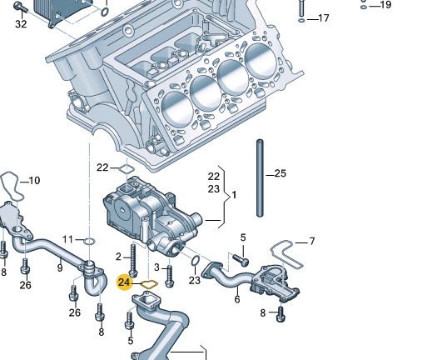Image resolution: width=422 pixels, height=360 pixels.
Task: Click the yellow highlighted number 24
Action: pos(125,282)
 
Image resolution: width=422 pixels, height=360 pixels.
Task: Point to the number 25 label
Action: pos(280,173)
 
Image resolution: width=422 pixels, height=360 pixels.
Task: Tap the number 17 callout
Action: pos(323,18)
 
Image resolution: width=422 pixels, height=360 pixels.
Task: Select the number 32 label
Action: pos(21,24)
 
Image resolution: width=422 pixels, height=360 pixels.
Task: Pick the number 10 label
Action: pos(34,180)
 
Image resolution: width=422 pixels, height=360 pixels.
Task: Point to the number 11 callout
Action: pos(68,239)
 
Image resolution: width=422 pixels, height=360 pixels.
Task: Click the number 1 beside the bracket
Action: pos(235,194)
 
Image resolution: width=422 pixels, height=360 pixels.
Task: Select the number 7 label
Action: pos(312,242)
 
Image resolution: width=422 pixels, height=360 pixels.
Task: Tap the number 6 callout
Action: pos(237,299)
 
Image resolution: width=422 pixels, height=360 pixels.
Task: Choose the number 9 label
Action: pos(60,267)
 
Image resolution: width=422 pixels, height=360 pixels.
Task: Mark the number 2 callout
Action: pos(119,256)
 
